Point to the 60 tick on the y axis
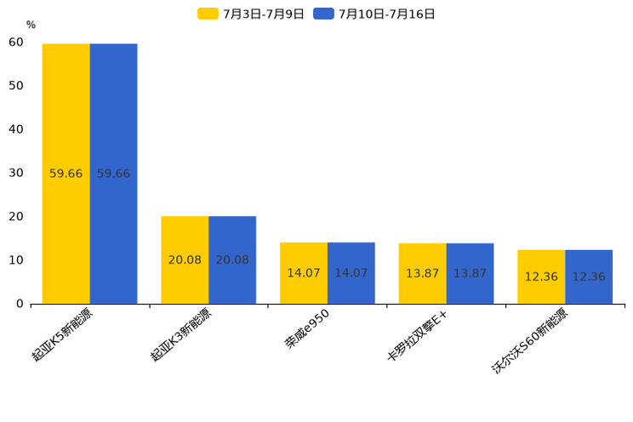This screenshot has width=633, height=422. pos(15,43)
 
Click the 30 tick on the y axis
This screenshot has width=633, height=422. pos(15,173)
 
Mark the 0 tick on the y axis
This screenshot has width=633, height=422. pos(20,304)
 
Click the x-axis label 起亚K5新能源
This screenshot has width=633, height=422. pos(63,335)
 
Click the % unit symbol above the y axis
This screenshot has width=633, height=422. pos(31,25)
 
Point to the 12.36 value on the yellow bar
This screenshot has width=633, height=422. pos(541,277)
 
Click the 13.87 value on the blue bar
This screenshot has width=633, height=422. pos(470,273)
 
